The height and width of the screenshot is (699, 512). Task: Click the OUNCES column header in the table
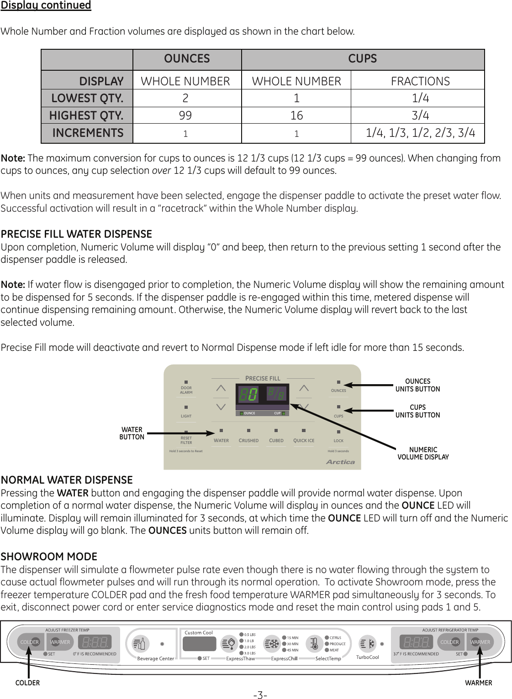(x=187, y=59)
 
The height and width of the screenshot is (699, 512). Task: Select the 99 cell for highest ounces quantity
(x=185, y=115)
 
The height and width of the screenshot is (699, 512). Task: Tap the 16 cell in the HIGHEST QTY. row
(x=296, y=115)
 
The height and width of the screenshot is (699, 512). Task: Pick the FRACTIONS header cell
(x=420, y=81)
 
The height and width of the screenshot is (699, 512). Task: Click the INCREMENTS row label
(x=88, y=133)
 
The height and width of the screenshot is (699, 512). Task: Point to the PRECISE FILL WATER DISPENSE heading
(x=76, y=234)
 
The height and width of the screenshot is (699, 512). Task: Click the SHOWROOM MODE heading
(x=49, y=557)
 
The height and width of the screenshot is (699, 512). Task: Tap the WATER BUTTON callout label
(x=132, y=433)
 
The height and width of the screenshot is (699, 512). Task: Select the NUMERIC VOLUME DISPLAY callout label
(x=423, y=453)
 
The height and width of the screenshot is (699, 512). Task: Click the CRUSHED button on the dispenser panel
(x=248, y=440)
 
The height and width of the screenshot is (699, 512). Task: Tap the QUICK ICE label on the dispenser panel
(x=304, y=440)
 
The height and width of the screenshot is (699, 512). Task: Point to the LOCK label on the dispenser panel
(x=338, y=441)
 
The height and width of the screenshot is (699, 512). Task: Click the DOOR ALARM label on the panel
(x=186, y=390)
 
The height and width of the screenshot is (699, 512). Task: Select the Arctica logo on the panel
(x=340, y=462)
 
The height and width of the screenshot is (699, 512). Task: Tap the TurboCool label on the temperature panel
(x=367, y=657)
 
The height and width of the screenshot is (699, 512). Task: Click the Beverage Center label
(x=155, y=658)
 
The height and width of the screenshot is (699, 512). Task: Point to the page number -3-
(x=260, y=695)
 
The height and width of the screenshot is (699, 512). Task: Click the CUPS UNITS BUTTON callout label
(x=417, y=411)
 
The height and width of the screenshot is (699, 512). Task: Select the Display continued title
(x=46, y=5)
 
